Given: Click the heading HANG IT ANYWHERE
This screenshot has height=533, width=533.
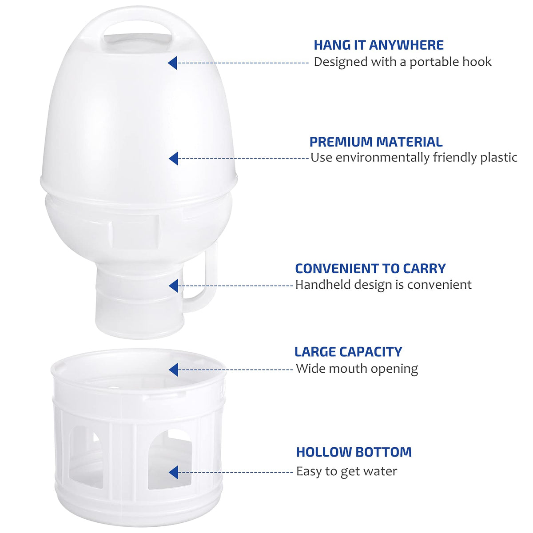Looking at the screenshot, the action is pyautogui.click(x=378, y=45).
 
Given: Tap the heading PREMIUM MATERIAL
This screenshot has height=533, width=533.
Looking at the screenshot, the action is pyautogui.click(x=376, y=142).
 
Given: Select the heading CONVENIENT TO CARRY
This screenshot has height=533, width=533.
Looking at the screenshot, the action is pyautogui.click(x=370, y=268).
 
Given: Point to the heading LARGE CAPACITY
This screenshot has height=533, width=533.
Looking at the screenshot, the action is pyautogui.click(x=348, y=351).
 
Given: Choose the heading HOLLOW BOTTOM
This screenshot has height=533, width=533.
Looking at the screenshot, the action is pyautogui.click(x=354, y=452).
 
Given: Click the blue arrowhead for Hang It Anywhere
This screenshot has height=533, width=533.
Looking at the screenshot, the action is pyautogui.click(x=173, y=63).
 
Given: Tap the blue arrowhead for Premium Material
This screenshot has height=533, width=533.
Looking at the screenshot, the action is pyautogui.click(x=173, y=159).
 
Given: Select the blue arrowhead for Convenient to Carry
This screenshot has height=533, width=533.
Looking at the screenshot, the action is pyautogui.click(x=173, y=286).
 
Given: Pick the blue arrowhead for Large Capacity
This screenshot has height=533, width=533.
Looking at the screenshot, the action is pyautogui.click(x=173, y=370).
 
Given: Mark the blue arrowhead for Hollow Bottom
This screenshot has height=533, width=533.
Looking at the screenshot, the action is pyautogui.click(x=173, y=472).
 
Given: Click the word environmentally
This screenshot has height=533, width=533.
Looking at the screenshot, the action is pyautogui.click(x=382, y=158).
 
